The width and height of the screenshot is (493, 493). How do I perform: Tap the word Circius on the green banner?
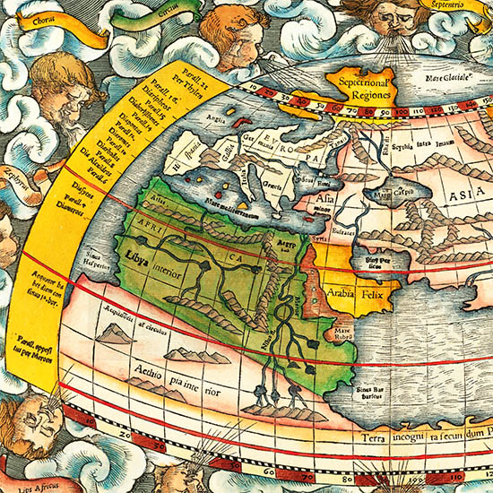click(164, 13)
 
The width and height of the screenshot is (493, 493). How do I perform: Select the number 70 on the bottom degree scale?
click(294, 470)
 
